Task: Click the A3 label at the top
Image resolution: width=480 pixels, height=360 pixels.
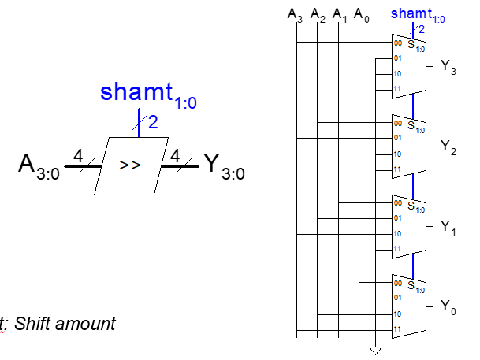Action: tap(295, 15)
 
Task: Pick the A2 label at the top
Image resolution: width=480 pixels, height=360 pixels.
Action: tap(317, 15)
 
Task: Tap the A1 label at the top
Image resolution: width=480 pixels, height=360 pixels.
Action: tap(339, 15)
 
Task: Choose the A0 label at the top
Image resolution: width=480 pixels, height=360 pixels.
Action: tap(360, 15)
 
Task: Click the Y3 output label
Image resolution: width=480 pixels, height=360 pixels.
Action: tap(448, 68)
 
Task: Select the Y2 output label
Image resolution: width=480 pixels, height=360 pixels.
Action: tap(448, 147)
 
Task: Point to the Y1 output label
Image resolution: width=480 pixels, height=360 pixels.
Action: tap(448, 227)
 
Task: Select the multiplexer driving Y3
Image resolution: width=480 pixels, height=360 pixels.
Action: tap(409, 65)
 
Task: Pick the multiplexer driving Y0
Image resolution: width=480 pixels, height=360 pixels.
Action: tap(409, 304)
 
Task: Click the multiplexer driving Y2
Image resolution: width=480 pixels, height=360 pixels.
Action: tap(409, 145)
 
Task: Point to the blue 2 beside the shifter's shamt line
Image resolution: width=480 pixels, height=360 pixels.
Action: tap(153, 123)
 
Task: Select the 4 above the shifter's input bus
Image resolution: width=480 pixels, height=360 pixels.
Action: tap(78, 156)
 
